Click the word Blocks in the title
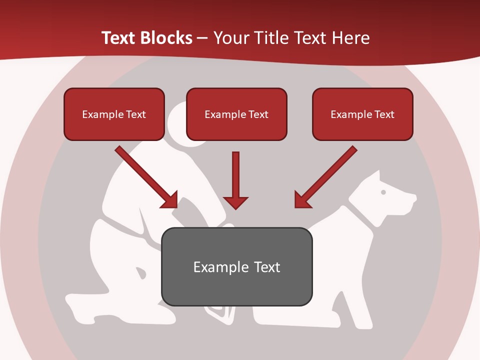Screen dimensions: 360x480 tap(165, 38)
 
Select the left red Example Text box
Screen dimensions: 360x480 tap(114, 114)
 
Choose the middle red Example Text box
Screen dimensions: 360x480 tap(236, 114)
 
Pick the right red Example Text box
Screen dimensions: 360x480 tap(362, 114)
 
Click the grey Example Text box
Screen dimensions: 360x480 tap(236, 267)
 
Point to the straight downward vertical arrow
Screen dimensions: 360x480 tap(235, 180)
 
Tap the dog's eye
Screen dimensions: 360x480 tap(383, 192)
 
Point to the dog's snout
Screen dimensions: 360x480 tap(407, 200)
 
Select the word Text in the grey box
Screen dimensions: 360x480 tap(267, 267)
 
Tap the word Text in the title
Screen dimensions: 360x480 tap(120, 38)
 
